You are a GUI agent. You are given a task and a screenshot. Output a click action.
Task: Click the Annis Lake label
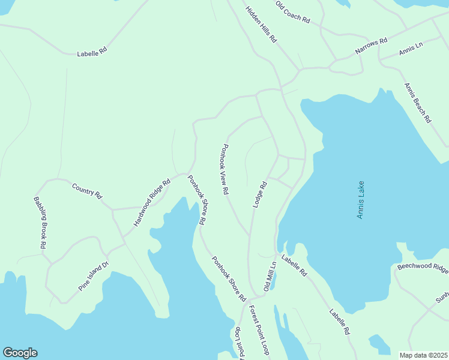(361, 200)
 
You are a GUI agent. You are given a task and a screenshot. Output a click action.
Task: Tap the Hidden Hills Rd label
(261, 24)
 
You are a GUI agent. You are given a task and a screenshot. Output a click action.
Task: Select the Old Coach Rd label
(292, 12)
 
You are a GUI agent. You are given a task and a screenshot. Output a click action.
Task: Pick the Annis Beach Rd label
(418, 103)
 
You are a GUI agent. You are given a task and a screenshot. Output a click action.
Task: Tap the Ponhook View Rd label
(225, 169)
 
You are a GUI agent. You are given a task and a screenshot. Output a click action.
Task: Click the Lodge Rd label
(259, 194)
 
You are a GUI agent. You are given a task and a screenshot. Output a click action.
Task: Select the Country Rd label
(87, 191)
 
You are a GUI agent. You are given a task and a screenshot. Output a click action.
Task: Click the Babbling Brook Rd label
(40, 223)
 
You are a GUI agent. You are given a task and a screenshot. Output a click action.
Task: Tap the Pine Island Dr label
(93, 276)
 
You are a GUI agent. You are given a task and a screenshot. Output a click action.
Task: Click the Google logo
(20, 353)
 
